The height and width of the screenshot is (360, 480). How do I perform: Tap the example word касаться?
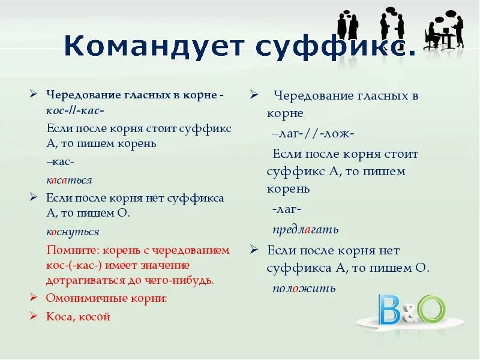[x=69, y=179]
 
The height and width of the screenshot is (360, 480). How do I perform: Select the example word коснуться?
[x=73, y=231]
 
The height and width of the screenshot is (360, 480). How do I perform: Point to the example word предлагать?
[x=305, y=229]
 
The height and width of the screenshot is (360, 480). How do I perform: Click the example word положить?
[x=304, y=288]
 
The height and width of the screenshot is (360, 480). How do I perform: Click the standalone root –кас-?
[x=60, y=161]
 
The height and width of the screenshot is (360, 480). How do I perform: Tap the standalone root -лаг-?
[x=286, y=209]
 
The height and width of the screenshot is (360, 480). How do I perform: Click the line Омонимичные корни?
[x=106, y=298]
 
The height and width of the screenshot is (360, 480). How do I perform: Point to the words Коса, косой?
[x=78, y=317]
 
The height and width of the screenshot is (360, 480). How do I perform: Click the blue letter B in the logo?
[x=389, y=310]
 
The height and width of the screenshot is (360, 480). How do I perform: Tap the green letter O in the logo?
[x=431, y=309]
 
